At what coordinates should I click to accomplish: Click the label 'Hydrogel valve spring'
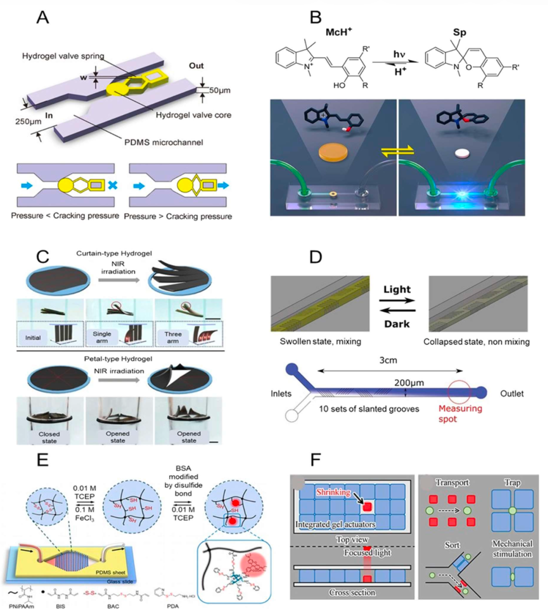click(63, 56)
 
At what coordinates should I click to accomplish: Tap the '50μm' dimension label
click(220, 90)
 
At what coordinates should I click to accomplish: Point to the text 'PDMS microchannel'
click(164, 142)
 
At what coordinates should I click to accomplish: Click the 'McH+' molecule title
click(339, 32)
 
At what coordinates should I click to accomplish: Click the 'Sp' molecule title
click(459, 32)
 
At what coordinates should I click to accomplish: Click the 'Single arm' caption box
click(102, 338)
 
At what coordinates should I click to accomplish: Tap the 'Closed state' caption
click(49, 437)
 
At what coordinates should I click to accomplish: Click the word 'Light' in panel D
click(397, 290)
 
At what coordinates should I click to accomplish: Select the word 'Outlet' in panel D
click(511, 393)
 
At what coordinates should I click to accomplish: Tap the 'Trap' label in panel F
click(512, 483)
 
